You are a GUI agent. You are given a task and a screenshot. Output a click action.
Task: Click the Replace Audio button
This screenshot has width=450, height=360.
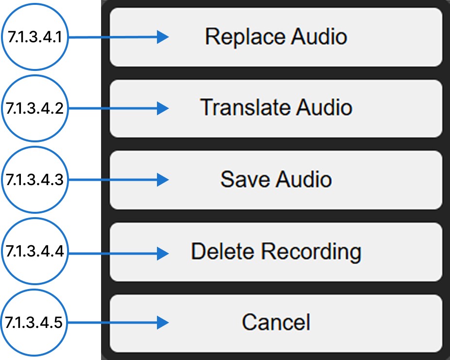tap(276, 37)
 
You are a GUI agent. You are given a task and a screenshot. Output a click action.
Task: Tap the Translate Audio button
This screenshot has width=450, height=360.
tap(276, 108)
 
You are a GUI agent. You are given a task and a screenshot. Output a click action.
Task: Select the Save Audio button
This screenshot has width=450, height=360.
tap(276, 180)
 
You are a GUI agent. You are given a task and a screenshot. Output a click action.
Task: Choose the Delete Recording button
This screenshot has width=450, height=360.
tap(276, 252)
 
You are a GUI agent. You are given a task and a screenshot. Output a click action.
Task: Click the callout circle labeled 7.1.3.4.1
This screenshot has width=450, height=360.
tap(35, 37)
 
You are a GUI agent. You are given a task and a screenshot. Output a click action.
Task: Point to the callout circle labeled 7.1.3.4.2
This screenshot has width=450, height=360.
tap(35, 108)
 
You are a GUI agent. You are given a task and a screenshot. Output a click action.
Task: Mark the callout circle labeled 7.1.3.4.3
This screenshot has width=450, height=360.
tap(35, 180)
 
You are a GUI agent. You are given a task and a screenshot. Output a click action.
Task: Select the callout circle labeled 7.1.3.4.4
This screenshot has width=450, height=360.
tap(35, 252)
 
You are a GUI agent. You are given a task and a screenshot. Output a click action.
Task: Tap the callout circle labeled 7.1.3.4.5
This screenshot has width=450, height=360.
tap(35, 322)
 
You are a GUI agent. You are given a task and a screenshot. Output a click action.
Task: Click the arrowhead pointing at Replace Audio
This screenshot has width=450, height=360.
tap(163, 37)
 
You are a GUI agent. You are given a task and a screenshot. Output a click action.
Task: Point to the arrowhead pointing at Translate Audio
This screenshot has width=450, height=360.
tap(163, 108)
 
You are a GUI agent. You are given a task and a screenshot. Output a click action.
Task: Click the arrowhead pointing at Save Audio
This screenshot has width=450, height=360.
tap(163, 180)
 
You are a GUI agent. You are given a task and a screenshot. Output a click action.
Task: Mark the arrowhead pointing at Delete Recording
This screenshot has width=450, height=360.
tap(163, 252)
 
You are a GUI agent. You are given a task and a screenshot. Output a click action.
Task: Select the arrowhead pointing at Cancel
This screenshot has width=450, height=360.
tap(163, 322)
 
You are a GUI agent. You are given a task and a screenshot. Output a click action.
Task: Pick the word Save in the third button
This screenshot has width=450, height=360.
tap(245, 180)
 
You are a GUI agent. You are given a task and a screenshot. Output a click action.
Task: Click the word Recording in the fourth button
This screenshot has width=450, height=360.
tap(311, 252)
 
